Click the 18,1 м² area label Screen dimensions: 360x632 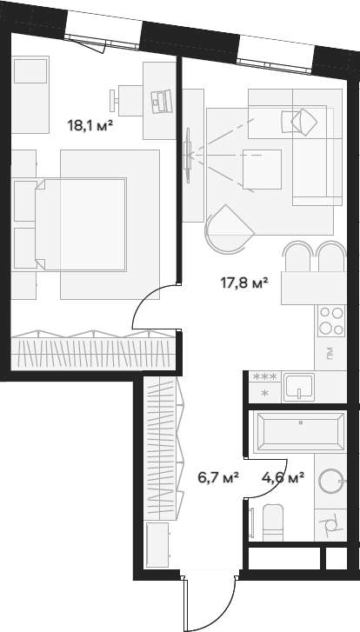[90, 126]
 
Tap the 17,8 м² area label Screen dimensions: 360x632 [244, 283]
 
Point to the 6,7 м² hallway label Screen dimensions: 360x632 [218, 477]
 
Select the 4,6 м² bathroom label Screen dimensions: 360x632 [283, 477]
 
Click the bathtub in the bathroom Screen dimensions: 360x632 [300, 431]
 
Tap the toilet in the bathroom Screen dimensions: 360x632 [273, 522]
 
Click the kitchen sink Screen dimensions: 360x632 [299, 388]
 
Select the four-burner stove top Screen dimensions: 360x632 [331, 321]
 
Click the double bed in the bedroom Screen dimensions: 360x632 [81, 224]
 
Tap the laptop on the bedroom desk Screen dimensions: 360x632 [161, 102]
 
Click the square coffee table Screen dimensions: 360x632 [262, 170]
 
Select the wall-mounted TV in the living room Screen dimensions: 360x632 [188, 156]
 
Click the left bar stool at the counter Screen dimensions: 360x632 [298, 256]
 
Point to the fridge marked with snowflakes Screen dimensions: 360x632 [265, 387]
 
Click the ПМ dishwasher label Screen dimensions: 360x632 [330, 354]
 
